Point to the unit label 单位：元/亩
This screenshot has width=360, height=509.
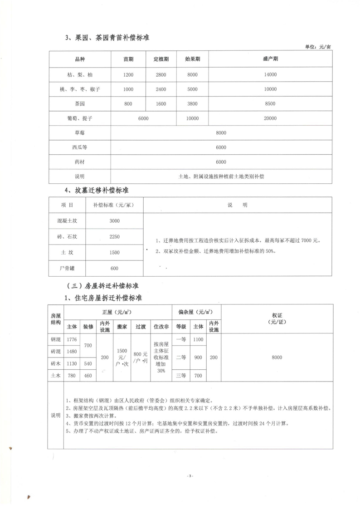click(x=319, y=47)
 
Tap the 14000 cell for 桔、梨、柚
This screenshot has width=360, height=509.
click(x=270, y=75)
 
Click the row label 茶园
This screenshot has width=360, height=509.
click(x=79, y=104)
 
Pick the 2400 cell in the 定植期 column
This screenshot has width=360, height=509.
click(x=161, y=89)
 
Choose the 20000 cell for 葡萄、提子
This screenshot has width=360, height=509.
click(x=270, y=118)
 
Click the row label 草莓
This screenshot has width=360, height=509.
click(x=79, y=133)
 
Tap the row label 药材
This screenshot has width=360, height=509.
click(x=79, y=162)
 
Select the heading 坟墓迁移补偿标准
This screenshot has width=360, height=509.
click(x=100, y=190)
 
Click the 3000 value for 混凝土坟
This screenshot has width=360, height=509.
click(x=114, y=220)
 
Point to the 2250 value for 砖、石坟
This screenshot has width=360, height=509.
click(x=114, y=236)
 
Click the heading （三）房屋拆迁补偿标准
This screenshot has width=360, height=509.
click(x=102, y=286)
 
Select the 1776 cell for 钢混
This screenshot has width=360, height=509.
click(x=72, y=339)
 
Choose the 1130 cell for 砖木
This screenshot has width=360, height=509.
click(x=72, y=364)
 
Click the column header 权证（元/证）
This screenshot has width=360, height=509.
click(x=277, y=318)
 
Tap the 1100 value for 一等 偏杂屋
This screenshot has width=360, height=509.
click(x=198, y=339)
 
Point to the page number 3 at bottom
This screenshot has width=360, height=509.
click(x=190, y=475)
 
